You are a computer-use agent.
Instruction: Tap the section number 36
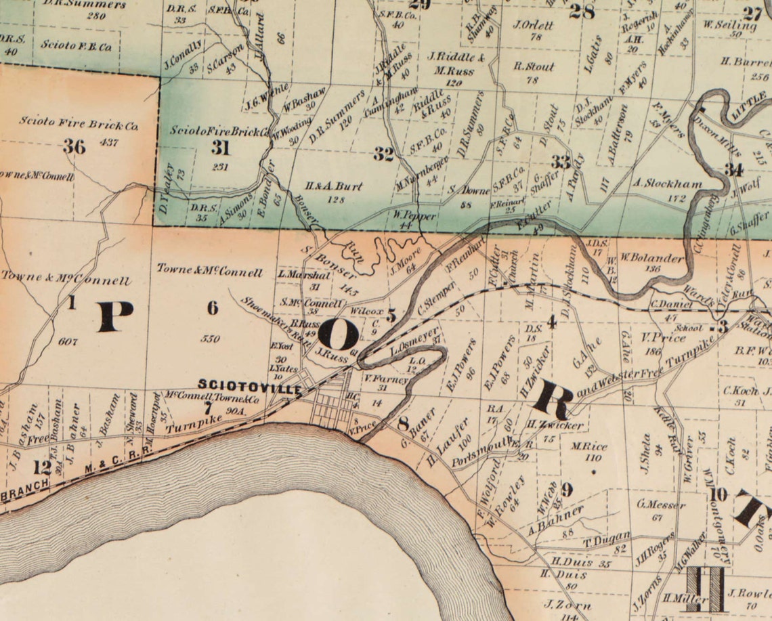(x=74, y=146)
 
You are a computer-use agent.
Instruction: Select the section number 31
(x=220, y=148)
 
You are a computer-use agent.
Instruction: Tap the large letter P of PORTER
(x=115, y=316)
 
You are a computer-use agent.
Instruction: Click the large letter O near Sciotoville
(x=338, y=334)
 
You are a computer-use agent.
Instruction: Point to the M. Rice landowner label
(x=586, y=447)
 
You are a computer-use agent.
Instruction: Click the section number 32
(x=383, y=154)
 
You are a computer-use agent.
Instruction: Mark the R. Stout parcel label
(x=534, y=67)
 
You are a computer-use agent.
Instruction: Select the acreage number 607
(x=68, y=341)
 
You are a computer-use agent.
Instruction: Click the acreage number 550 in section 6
(x=211, y=338)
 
